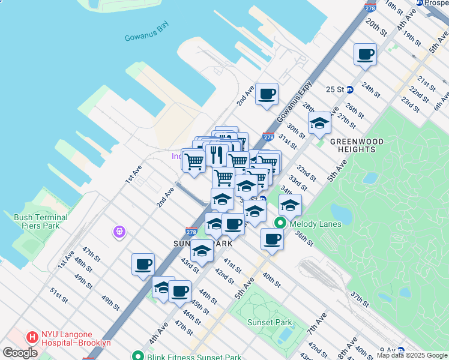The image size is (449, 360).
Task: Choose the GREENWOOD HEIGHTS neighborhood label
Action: click(357, 145)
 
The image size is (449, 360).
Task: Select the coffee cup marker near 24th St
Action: click(365, 55)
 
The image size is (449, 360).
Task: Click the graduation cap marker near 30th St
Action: click(319, 124)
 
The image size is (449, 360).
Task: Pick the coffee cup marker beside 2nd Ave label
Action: click(267, 94)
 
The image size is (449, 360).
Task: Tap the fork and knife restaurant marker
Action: click(216, 155)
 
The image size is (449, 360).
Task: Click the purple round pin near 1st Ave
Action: click(119, 231)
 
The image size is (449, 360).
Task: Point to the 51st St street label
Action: click(58, 296)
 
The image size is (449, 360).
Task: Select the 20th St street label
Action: click(375, 28)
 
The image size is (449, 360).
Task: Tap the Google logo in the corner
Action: click(20, 353)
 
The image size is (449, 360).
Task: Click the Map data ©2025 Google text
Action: click(412, 356)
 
